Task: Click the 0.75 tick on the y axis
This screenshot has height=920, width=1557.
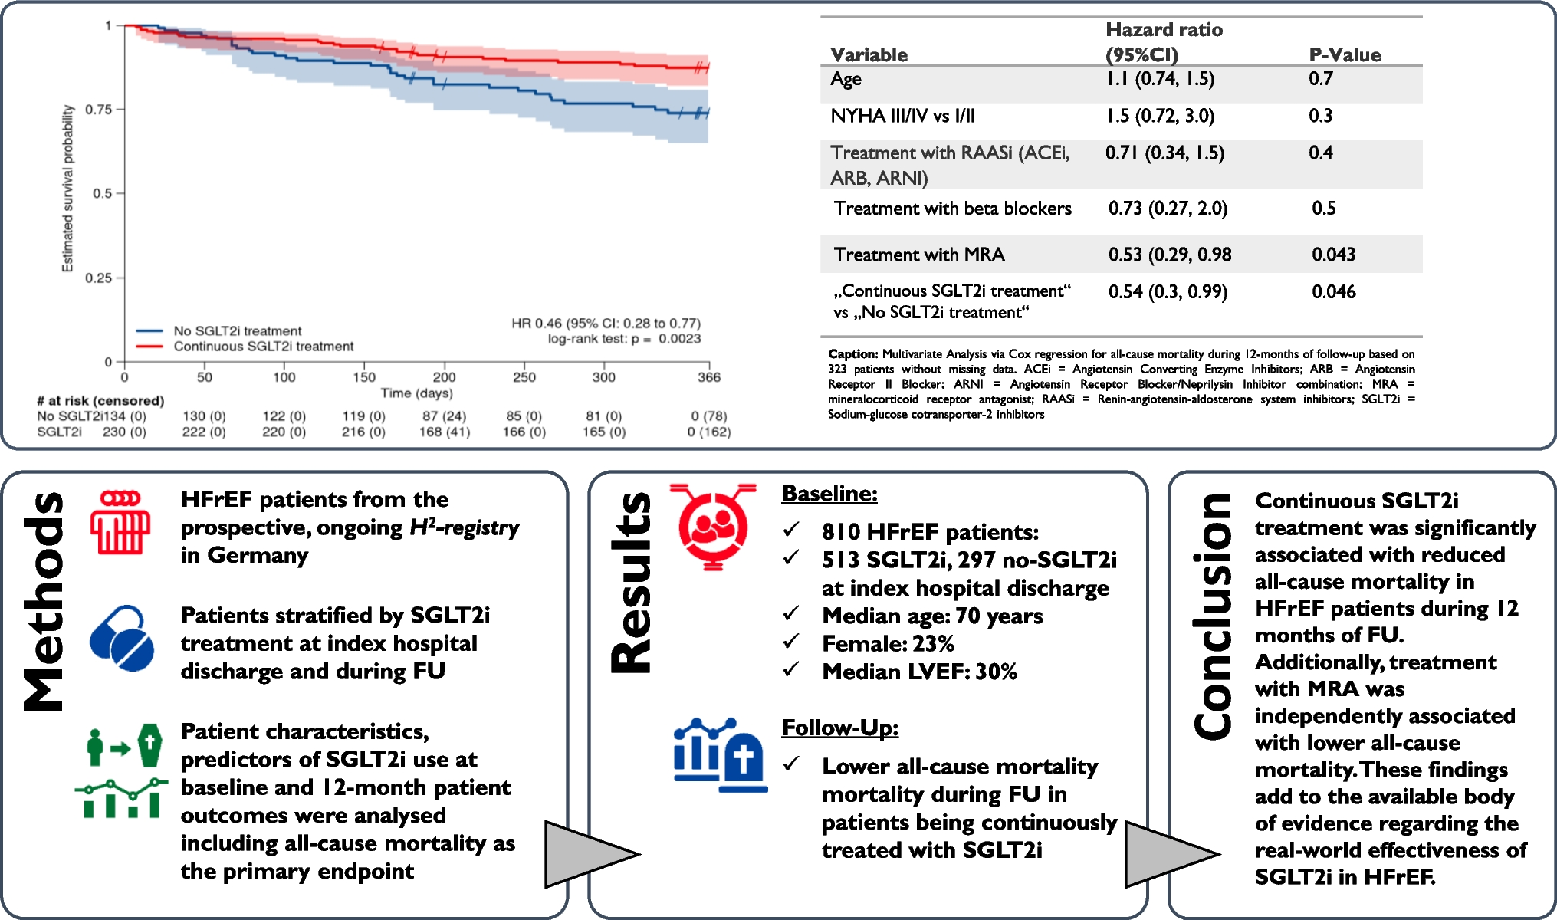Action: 99,110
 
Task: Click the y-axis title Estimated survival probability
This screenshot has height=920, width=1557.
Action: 67,189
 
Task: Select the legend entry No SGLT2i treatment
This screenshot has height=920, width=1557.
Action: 237,330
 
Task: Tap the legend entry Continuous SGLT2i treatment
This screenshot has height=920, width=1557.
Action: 263,347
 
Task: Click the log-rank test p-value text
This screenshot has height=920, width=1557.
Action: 623,339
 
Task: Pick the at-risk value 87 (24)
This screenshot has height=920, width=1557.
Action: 444,416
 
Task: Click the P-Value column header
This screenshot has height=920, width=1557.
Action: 1345,54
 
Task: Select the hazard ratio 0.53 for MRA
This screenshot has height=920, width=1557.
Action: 1170,255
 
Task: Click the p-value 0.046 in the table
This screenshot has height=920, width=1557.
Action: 1333,291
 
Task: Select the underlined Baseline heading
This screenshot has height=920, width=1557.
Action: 829,494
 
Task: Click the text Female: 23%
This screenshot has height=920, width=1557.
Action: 888,644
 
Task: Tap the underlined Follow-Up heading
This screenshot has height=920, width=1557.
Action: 839,728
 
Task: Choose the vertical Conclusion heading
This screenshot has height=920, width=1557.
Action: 1214,617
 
